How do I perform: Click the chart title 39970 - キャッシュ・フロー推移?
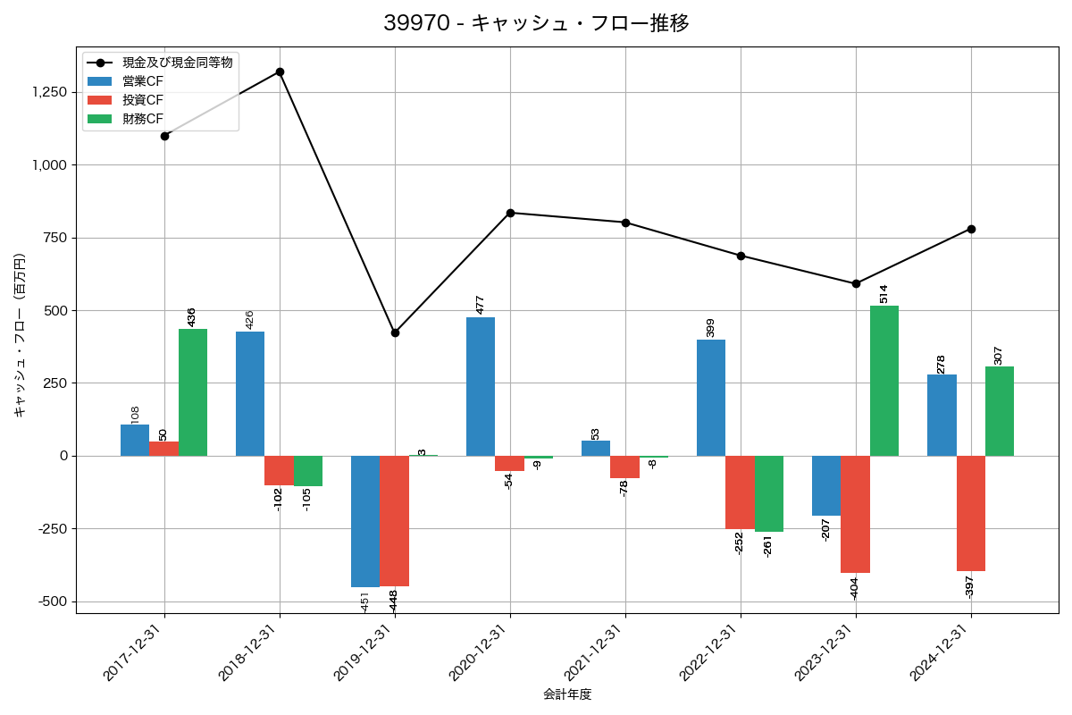(536, 23)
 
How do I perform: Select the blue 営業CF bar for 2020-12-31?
(481, 386)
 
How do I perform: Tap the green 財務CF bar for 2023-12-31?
(884, 381)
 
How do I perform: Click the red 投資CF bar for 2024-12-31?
(971, 513)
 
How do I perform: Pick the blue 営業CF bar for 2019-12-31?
(365, 521)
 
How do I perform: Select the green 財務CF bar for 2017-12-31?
(193, 392)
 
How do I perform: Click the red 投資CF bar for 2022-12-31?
(740, 492)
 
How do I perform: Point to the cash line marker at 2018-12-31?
(280, 71)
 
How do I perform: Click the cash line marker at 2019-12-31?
(395, 332)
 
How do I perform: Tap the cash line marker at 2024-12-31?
(971, 229)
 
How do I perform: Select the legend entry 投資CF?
(143, 100)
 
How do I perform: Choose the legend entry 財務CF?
(143, 119)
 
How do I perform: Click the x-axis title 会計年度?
(567, 694)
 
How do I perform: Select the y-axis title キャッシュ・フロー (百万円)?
(20, 335)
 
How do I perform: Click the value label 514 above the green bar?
(884, 293)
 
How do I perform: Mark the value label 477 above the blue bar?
(480, 304)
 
